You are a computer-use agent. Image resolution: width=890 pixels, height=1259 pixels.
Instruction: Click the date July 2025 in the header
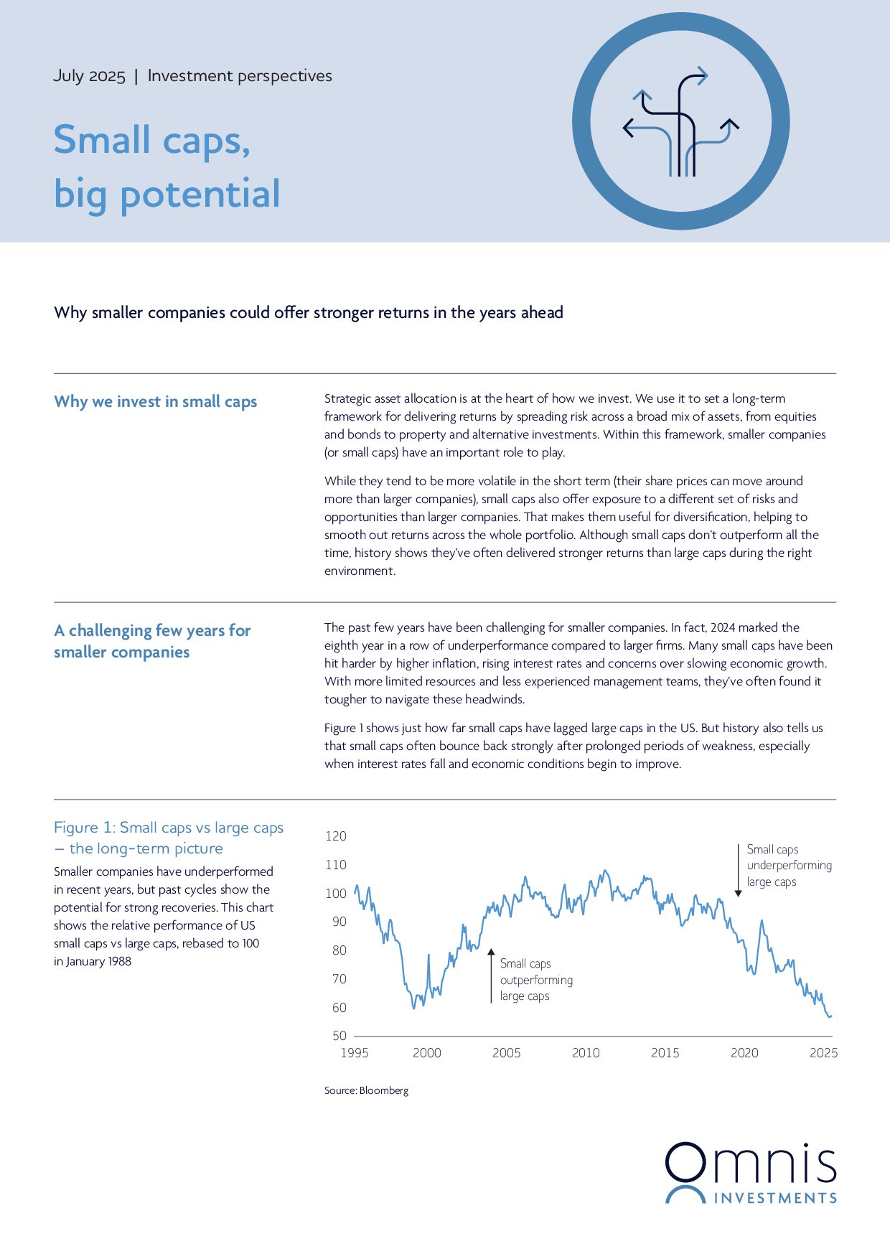point(89,76)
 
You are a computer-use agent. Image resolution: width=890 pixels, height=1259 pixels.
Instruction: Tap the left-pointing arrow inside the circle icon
point(629,128)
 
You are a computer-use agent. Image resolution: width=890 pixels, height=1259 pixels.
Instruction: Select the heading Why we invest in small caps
point(155,402)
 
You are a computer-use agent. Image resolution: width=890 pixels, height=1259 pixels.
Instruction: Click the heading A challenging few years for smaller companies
point(152,641)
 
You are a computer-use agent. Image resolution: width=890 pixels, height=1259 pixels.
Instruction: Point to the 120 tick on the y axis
point(335,836)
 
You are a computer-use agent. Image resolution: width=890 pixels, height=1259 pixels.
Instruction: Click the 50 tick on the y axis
point(339,1036)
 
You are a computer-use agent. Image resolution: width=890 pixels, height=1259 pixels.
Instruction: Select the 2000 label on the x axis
point(426,1053)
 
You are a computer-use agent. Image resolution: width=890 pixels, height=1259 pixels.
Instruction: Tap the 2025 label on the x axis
point(823,1053)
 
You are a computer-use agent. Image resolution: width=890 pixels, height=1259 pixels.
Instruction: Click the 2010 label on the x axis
point(586,1053)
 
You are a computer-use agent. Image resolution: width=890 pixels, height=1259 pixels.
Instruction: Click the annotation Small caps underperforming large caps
point(788,866)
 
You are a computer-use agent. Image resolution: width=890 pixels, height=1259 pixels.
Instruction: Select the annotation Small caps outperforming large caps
point(535,980)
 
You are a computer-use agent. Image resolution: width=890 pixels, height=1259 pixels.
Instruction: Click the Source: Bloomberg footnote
point(366,1090)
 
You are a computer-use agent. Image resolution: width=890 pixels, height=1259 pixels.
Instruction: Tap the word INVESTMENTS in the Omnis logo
point(775,1198)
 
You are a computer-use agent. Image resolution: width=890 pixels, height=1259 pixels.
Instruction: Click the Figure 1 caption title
point(169,838)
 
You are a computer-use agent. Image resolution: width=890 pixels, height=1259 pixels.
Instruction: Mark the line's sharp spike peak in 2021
point(762,921)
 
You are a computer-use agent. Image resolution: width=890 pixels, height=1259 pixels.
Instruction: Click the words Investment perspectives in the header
point(240,76)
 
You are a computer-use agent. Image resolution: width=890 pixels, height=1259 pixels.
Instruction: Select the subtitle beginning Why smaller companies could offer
point(308,313)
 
